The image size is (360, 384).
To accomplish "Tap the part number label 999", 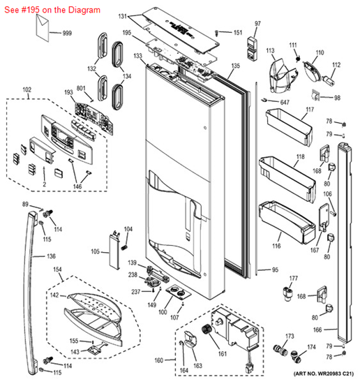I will click(x=67, y=34).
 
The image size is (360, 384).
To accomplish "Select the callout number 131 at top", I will click(x=123, y=15).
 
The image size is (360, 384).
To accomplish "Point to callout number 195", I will click(x=127, y=33).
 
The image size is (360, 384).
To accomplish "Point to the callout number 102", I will click(x=27, y=90).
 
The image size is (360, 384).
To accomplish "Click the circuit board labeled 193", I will click(x=89, y=112).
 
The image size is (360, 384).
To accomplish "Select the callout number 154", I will click(x=58, y=269).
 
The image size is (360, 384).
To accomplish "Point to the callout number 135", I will click(x=235, y=66).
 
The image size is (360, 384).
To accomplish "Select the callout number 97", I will click(x=257, y=24).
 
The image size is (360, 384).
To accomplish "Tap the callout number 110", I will click(x=320, y=52).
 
